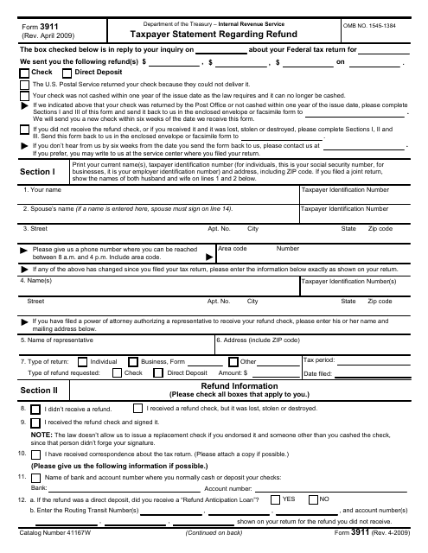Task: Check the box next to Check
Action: click(23, 73)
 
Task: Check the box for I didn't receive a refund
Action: click(36, 408)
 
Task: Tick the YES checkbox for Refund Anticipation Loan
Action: click(275, 499)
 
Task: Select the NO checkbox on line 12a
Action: click(313, 499)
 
